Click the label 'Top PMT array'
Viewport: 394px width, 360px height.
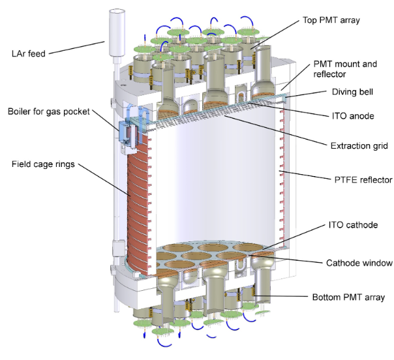click(331, 20)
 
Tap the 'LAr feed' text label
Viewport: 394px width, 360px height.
click(29, 53)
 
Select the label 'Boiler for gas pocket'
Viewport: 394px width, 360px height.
click(48, 112)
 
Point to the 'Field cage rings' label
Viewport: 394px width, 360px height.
click(43, 164)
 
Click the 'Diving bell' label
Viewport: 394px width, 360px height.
click(352, 92)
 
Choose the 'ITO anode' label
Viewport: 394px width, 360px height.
click(353, 116)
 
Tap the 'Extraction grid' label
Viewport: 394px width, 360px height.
click(359, 145)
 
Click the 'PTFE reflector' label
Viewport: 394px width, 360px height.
click(363, 180)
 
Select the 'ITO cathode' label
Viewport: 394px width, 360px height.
click(353, 225)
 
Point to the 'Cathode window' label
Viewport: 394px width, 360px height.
click(359, 263)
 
